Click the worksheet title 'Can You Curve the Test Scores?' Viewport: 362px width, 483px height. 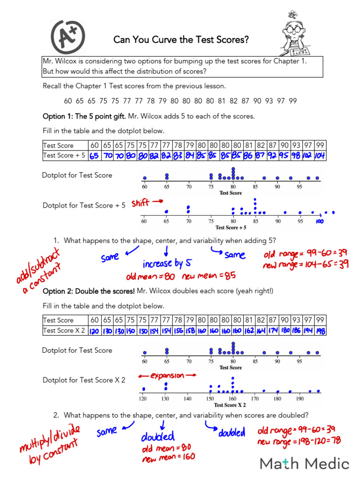pyautogui.click(x=181, y=40)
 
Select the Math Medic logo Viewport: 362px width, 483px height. pyautogui.click(x=304, y=463)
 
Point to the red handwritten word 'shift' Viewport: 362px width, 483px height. pyautogui.click(x=140, y=203)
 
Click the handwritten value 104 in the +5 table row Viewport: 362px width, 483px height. pyautogui.click(x=320, y=155)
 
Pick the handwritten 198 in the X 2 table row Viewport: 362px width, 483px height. pyautogui.click(x=320, y=331)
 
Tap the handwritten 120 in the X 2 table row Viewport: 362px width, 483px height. pyautogui.click(x=94, y=331)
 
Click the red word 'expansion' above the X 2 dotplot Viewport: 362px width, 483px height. pyautogui.click(x=167, y=375)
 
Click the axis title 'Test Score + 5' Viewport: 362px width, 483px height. pyautogui.click(x=231, y=227)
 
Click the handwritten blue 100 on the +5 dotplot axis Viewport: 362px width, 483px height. pyautogui.click(x=320, y=221)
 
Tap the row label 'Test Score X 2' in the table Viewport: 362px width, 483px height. pyautogui.click(x=64, y=331)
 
